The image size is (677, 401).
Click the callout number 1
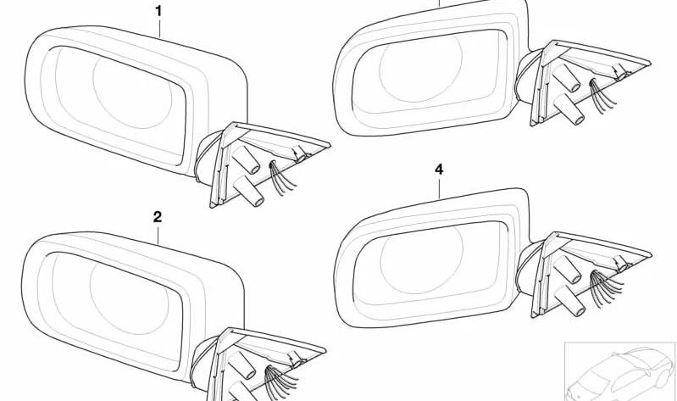coord(158,11)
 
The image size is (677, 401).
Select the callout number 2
coord(158,217)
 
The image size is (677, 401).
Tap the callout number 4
coord(439,170)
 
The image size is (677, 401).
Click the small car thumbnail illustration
coord(620,371)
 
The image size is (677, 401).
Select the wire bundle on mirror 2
coord(280,381)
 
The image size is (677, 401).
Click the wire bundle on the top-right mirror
coord(603,96)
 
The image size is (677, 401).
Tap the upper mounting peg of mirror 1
coord(246,159)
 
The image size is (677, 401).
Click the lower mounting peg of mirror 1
coord(249,191)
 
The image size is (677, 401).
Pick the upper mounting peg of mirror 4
coord(567,270)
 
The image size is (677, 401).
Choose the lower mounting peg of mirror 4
coord(570,301)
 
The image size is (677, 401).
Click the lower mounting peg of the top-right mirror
coord(569,109)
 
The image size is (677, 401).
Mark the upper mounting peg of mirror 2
coord(242,365)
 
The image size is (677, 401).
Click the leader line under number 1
coord(159,29)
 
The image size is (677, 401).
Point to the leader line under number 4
coord(439,188)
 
